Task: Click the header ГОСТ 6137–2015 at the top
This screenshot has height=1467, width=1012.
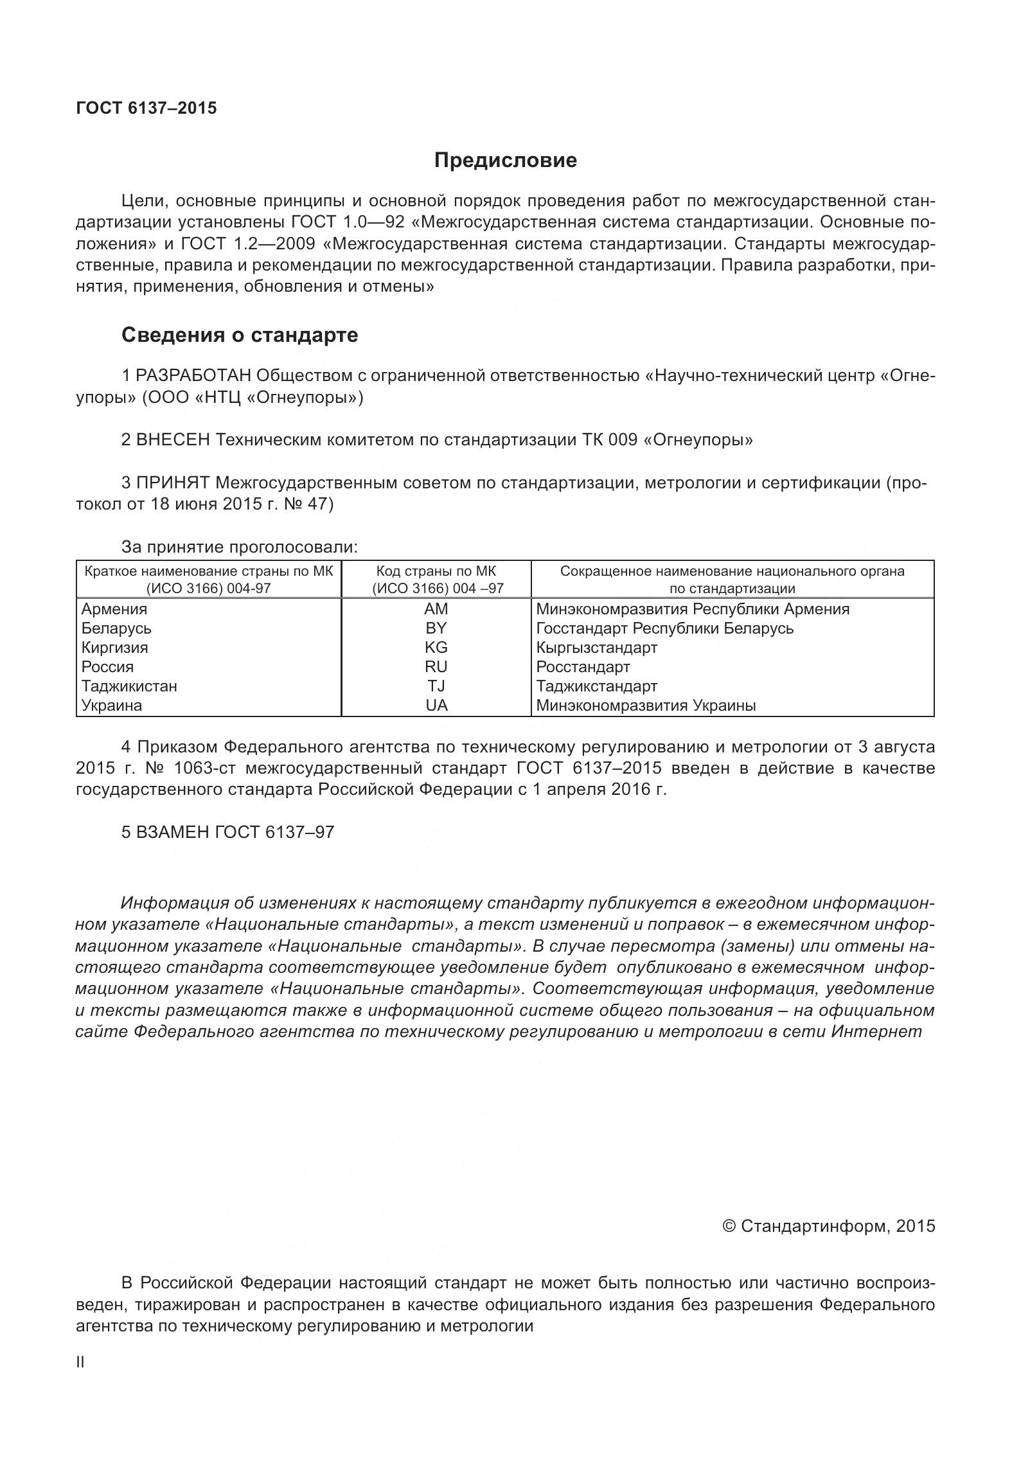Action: pyautogui.click(x=146, y=108)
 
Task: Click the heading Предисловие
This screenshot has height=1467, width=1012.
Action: pyautogui.click(x=505, y=160)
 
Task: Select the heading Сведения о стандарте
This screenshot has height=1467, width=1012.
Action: pyautogui.click(x=240, y=335)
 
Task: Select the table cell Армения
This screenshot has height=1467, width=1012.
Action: pyautogui.click(x=114, y=609)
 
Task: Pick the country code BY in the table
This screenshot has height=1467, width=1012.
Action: pyautogui.click(x=436, y=628)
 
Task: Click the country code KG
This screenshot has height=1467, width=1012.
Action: pyautogui.click(x=436, y=647)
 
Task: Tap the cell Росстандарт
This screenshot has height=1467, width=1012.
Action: pyautogui.click(x=583, y=666)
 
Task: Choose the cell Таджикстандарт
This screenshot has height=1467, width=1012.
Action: pyautogui.click(x=597, y=686)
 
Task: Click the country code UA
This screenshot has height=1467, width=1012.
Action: pyautogui.click(x=436, y=705)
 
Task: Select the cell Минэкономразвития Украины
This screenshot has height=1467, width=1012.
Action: pyautogui.click(x=646, y=705)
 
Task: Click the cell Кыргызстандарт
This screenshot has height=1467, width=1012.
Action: pyautogui.click(x=597, y=647)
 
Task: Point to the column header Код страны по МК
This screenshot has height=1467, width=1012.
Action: pyautogui.click(x=436, y=571)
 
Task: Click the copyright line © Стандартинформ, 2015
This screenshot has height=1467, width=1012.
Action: pyautogui.click(x=829, y=1226)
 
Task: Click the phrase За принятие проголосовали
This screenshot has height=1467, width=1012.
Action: pyautogui.click(x=239, y=547)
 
